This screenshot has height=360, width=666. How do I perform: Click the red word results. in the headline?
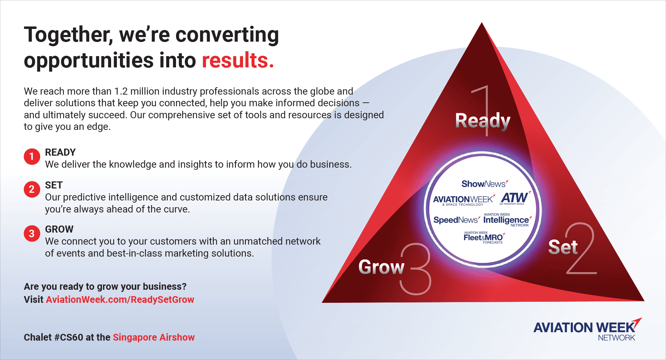(238, 60)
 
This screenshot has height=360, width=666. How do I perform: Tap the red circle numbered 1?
(32, 156)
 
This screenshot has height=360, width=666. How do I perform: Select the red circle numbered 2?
(32, 189)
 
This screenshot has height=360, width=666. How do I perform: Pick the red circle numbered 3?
(32, 234)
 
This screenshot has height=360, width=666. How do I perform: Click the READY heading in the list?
(60, 152)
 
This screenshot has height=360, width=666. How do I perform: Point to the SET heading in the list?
(54, 185)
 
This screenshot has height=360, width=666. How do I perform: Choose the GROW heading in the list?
(59, 229)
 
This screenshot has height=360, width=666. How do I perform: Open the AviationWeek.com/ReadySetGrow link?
(120, 300)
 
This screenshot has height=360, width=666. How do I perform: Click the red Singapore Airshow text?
(154, 337)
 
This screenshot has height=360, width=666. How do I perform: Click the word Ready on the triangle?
(483, 121)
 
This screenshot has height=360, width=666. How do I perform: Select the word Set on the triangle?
(563, 247)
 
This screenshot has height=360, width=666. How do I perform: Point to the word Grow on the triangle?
(381, 267)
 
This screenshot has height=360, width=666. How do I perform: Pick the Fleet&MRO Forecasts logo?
(484, 238)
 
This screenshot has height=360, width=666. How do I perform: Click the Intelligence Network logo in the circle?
(507, 220)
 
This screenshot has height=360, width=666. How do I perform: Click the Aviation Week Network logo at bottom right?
(587, 329)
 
